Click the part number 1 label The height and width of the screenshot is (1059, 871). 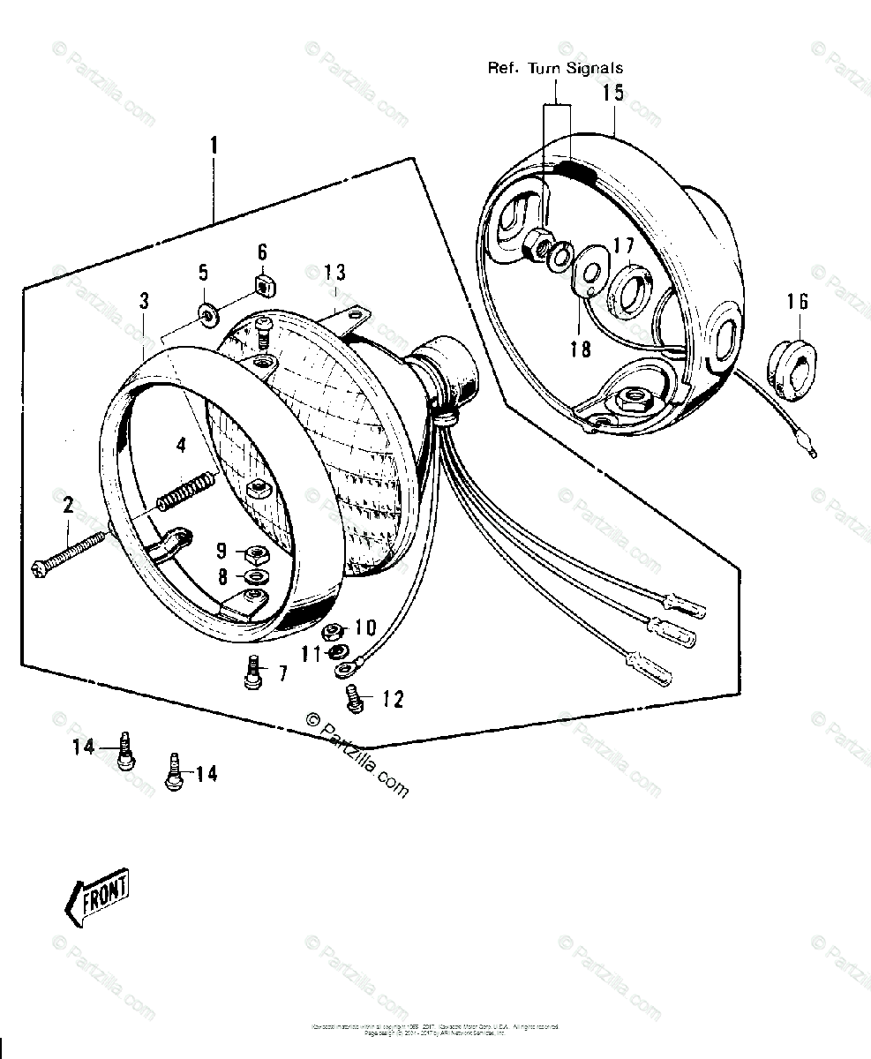[x=213, y=144]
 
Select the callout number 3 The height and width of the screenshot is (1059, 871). [x=144, y=301]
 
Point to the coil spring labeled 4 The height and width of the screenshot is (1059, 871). [x=186, y=491]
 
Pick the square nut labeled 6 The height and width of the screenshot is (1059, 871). [x=261, y=284]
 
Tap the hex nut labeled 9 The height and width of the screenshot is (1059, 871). [x=258, y=554]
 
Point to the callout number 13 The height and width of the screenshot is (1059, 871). [x=335, y=272]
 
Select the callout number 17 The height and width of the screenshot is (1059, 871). [x=623, y=246]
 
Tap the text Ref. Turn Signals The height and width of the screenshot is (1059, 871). [x=555, y=68]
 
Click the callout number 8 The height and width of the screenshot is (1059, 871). [x=222, y=577]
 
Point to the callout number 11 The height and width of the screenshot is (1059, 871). [x=309, y=654]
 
